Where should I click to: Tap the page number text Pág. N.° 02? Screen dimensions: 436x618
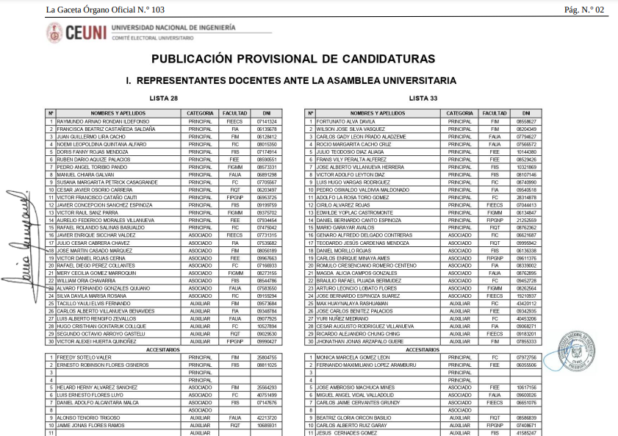(x=584, y=10)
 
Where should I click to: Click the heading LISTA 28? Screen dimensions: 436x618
(x=163, y=98)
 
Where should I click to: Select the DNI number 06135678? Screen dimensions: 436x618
(x=267, y=129)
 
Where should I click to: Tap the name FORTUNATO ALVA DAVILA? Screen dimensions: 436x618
(x=345, y=121)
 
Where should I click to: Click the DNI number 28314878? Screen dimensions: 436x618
(x=526, y=198)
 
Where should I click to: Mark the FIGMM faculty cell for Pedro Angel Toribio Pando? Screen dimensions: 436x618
(x=234, y=167)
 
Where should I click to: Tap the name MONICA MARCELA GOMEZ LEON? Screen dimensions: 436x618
(x=353, y=357)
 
